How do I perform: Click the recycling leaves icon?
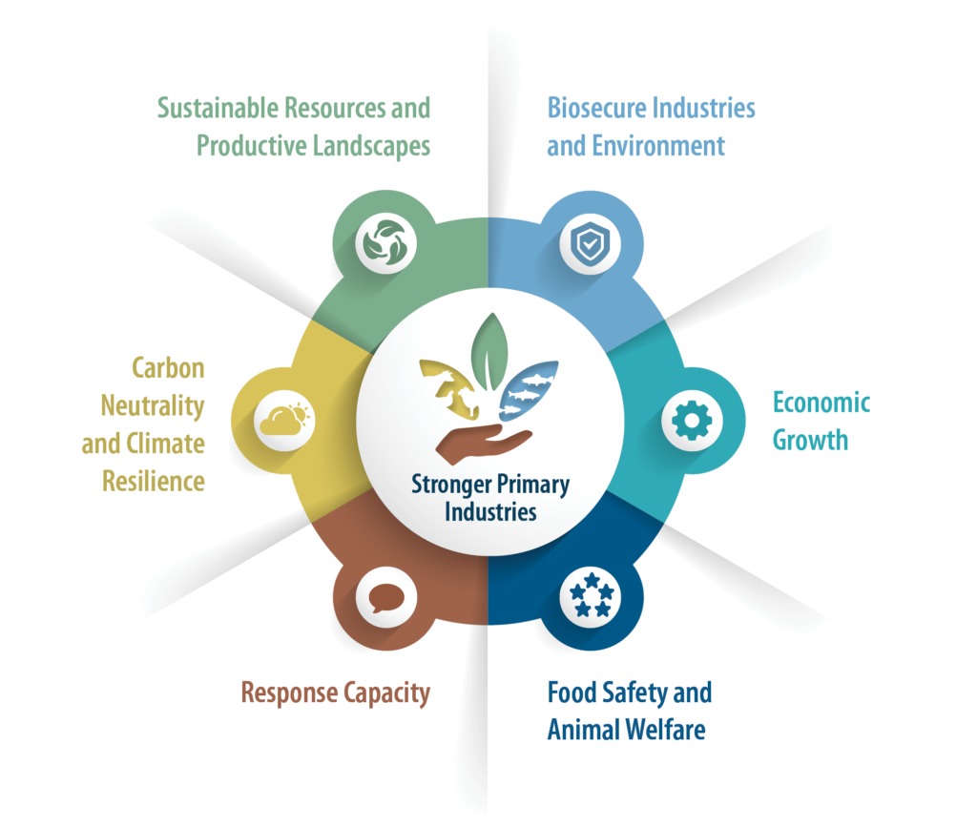(386, 243)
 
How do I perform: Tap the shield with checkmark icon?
(590, 242)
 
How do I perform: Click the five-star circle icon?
(591, 596)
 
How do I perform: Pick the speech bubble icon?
(386, 598)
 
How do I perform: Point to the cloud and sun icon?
(284, 419)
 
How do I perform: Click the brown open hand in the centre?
(484, 444)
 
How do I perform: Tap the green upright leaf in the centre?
(489, 352)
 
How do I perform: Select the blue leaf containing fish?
(528, 390)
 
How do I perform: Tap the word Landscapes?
(371, 147)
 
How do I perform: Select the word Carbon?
(168, 368)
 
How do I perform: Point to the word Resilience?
(154, 482)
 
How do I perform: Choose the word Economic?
(821, 403)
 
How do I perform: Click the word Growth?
(810, 441)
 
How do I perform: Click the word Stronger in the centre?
(451, 486)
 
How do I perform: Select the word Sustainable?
(218, 108)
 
